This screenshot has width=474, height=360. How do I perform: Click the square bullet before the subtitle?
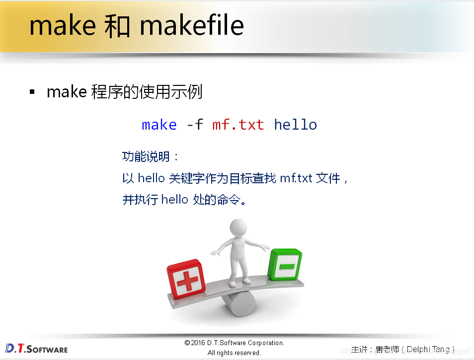32,92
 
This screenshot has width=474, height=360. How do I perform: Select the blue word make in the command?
159,125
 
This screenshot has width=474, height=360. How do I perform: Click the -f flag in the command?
194,125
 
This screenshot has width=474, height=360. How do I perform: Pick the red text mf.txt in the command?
238,125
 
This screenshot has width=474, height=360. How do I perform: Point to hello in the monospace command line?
295,125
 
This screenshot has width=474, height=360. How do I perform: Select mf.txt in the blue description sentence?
296,178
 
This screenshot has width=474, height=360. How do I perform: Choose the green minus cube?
285,265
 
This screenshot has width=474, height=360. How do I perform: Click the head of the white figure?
238,229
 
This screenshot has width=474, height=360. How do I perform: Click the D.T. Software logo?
36,349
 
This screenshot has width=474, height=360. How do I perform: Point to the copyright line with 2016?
234,343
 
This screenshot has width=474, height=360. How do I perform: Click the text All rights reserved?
234,353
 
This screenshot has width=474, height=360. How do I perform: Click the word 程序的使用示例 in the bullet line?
147,92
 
